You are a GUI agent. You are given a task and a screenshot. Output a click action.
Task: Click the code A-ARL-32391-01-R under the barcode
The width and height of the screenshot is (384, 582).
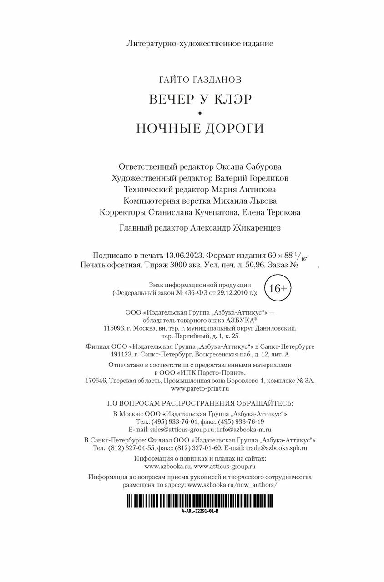click(200, 511)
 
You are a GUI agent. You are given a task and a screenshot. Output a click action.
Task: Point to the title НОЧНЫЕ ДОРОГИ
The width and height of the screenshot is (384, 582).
click(200, 128)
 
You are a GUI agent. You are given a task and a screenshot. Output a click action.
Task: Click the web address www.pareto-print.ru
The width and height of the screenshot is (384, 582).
click(200, 389)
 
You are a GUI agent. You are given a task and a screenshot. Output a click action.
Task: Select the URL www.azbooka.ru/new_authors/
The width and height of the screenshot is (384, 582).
click(232, 485)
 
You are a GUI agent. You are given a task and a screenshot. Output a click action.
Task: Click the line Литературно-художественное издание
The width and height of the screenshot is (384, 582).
click(200, 44)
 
